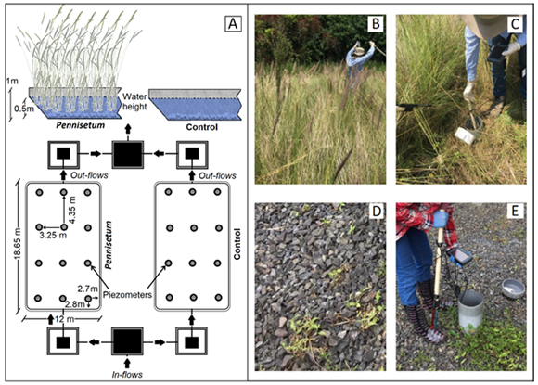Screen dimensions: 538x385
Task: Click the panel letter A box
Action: click(x=233, y=24)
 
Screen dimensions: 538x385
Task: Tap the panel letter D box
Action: click(x=377, y=212)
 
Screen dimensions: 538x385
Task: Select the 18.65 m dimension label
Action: click(x=19, y=243)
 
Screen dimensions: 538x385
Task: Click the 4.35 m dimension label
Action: click(x=72, y=210)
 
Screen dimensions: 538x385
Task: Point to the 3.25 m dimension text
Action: click(x=53, y=236)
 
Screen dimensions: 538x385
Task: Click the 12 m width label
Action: click(x=64, y=319)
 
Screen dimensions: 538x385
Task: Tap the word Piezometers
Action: click(x=127, y=294)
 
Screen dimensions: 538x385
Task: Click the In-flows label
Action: click(x=127, y=375)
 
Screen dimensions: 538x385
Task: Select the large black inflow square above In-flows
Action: click(x=127, y=341)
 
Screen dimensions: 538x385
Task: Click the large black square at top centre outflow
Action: click(x=128, y=155)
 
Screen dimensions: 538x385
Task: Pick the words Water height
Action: click(x=134, y=101)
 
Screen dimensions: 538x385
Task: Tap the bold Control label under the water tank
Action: click(x=202, y=127)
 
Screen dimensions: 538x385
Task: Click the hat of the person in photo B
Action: click(x=359, y=51)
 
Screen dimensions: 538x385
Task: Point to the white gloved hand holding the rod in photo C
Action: click(x=469, y=91)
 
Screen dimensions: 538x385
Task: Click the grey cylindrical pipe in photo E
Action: click(x=471, y=310)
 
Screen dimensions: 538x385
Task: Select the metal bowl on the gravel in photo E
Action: click(x=513, y=289)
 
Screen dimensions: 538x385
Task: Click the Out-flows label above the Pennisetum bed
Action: click(x=89, y=175)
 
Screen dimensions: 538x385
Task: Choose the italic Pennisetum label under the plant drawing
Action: click(x=81, y=125)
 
